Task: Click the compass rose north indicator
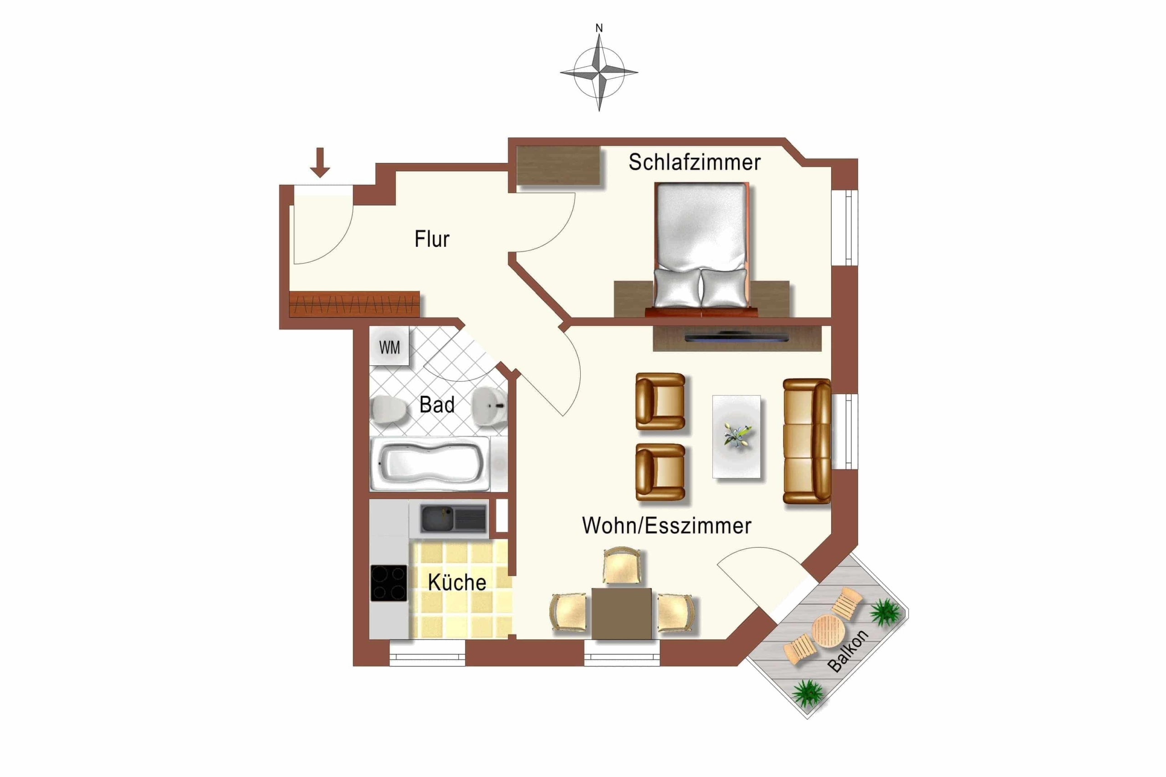[x=599, y=28]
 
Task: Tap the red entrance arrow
[x=320, y=163]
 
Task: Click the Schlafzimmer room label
[x=695, y=163]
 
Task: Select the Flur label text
[x=432, y=239]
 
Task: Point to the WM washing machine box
[x=389, y=346]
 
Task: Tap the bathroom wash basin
[x=490, y=406]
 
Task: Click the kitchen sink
[x=453, y=518]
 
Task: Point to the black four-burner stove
[x=389, y=583]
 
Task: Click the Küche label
[x=456, y=582]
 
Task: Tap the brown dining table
[x=622, y=614]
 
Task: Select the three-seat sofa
[x=807, y=441]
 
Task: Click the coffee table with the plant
[x=736, y=437]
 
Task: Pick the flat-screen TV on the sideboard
[x=736, y=337]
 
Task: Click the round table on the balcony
[x=828, y=631]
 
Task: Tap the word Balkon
[x=848, y=650]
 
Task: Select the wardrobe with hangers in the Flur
[x=354, y=304]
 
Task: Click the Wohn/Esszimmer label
[x=666, y=526]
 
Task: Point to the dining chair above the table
[x=622, y=566]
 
